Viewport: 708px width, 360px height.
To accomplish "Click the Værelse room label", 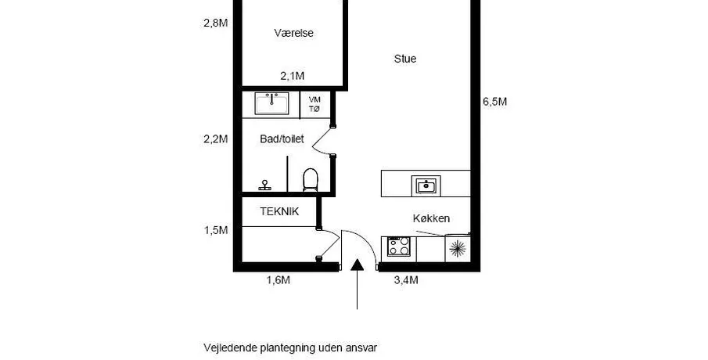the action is coord(293,33).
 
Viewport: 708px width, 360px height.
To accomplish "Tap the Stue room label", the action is coord(405,59).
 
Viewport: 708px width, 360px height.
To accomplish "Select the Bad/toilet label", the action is coord(282,139).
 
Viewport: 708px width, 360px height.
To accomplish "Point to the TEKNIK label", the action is coord(279,211).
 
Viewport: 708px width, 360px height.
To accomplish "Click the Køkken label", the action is coord(431,218).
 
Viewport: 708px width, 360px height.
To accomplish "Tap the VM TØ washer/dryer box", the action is coord(314,104).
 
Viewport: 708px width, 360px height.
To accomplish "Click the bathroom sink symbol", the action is coord(271,103).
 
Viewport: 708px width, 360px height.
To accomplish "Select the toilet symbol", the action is coord(311,180).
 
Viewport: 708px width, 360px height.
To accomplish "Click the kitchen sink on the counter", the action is coord(426,185).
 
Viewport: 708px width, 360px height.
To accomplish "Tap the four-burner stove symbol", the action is coord(399,247).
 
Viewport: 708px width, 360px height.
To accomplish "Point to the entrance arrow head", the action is coord(358,265).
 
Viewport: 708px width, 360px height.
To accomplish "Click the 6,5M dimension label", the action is coord(495,102).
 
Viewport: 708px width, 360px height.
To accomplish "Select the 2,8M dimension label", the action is coord(216,23).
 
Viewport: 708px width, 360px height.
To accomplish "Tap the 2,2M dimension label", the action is coord(216,139).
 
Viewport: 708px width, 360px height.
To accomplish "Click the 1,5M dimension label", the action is coord(216,230).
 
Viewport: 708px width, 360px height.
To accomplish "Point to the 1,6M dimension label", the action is coord(279,280).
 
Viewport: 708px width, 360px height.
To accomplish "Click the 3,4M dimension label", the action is coord(406,280).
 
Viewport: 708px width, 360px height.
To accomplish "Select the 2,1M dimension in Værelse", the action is coord(292,76).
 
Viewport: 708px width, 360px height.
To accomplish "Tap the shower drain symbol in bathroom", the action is coord(265,185).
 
